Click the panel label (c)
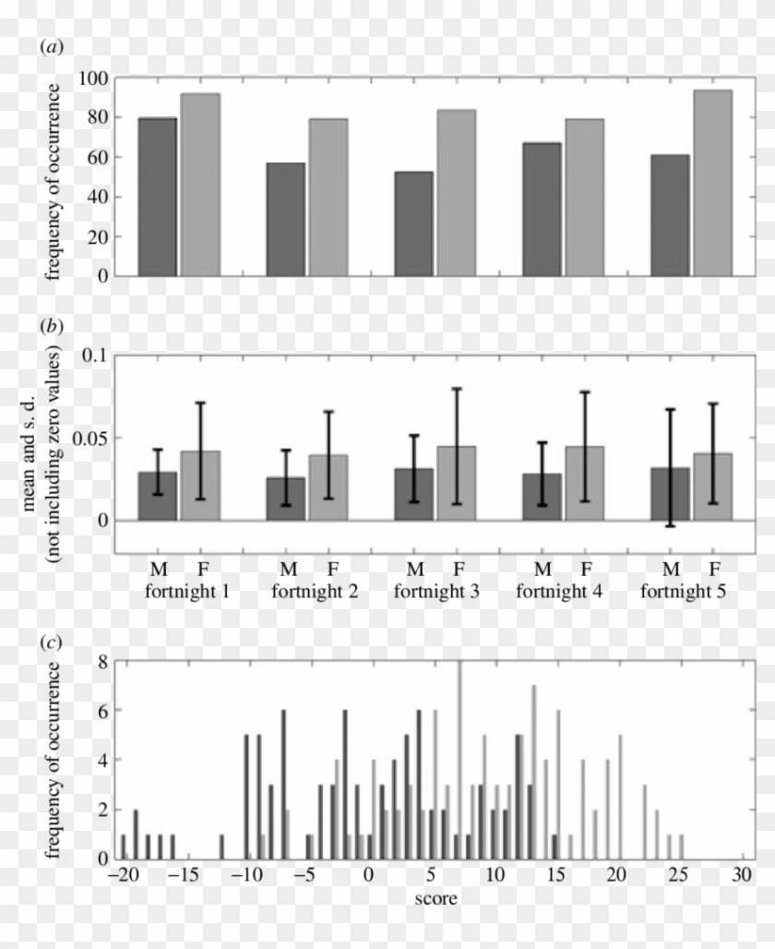pyautogui.click(x=52, y=642)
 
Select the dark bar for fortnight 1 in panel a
pyautogui.click(x=157, y=197)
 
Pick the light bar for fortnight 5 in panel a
pyautogui.click(x=712, y=183)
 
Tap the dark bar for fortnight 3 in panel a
pyautogui.click(x=413, y=223)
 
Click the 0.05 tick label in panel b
pyautogui.click(x=88, y=438)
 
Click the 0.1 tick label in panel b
pyautogui.click(x=94, y=355)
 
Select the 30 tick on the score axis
pyautogui.click(x=743, y=873)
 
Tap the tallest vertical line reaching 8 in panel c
pyautogui.click(x=459, y=757)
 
